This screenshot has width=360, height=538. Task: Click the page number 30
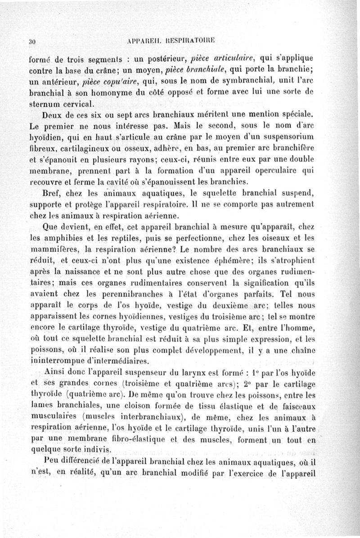(x=31, y=42)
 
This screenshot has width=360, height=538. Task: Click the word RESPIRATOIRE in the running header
(x=191, y=42)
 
